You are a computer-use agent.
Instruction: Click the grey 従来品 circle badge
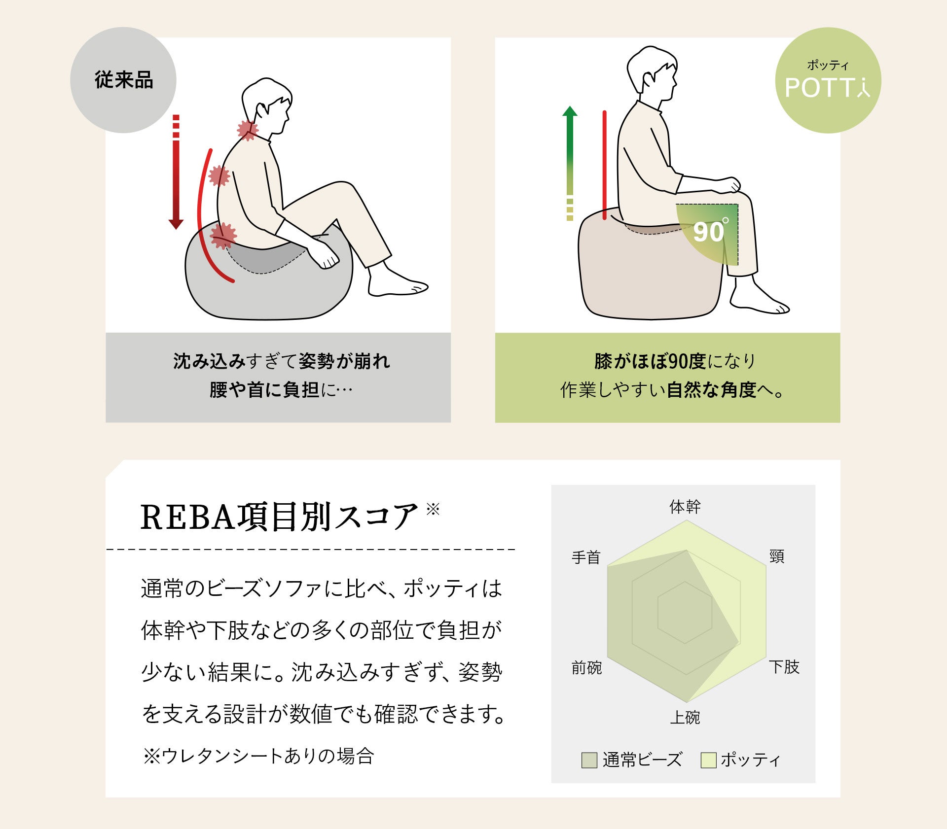coord(123,80)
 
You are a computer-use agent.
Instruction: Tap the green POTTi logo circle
coord(828,80)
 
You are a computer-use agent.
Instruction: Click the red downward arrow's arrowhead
coord(176,223)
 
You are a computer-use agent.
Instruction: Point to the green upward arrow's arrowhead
coord(570,111)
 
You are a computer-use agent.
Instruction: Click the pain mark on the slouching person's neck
coord(248,130)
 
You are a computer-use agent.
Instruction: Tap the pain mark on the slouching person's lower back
coord(223,236)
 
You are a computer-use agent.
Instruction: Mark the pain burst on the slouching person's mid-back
coord(219,175)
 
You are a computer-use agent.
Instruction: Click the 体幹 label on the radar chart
coord(685,507)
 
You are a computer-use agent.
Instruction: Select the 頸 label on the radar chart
coord(777,556)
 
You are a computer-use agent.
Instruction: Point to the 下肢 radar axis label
coord(784,667)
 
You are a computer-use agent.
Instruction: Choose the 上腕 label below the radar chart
coord(685,717)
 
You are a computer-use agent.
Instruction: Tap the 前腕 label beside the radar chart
coord(586,668)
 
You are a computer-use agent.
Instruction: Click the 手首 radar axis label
coord(586,557)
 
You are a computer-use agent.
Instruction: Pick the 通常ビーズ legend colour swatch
coord(589,760)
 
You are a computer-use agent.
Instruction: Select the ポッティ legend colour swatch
coord(709,760)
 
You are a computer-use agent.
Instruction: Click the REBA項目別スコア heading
coord(280,517)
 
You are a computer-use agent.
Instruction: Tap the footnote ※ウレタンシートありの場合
coord(258,756)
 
